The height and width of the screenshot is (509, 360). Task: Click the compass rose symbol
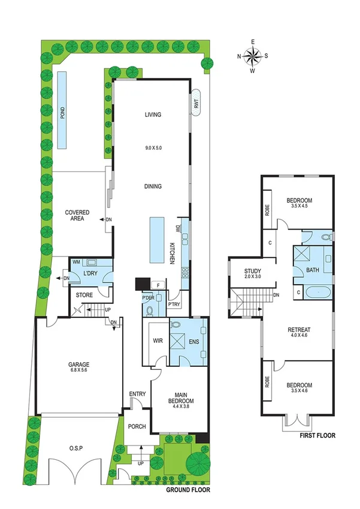pyautogui.click(x=253, y=56)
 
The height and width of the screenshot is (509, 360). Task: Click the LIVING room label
pyautogui.click(x=154, y=115)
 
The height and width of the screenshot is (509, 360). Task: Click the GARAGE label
pyautogui.click(x=78, y=364)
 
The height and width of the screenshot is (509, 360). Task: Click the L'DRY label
pyautogui.click(x=90, y=273)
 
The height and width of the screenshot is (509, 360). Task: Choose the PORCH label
pyautogui.click(x=137, y=427)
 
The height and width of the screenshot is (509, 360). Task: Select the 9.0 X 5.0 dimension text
pyautogui.click(x=153, y=147)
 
